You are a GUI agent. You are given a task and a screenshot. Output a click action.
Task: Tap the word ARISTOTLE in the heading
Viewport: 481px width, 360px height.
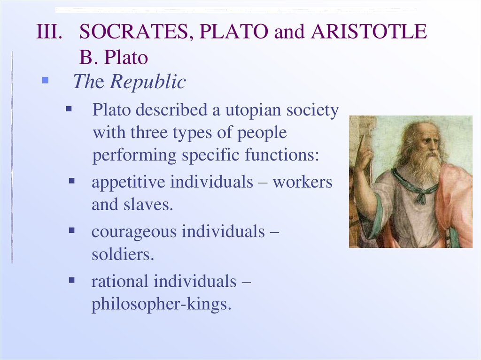click(x=368, y=31)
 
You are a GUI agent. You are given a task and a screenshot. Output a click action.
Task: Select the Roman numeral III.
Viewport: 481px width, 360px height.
click(x=49, y=31)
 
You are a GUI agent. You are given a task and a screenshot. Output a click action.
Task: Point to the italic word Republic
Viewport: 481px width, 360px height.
click(x=148, y=82)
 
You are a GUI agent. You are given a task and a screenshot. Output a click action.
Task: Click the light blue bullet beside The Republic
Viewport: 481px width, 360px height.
click(x=45, y=80)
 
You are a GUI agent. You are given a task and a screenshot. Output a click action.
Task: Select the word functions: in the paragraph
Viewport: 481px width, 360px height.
click(x=282, y=154)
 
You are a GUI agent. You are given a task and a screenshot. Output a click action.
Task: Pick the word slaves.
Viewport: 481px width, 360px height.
click(x=148, y=205)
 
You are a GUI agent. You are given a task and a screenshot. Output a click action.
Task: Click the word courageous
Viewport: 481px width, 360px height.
click(x=134, y=232)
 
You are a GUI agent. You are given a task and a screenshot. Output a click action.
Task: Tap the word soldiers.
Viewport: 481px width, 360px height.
click(x=123, y=254)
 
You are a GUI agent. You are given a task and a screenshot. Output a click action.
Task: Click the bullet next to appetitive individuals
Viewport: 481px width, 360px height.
click(x=72, y=181)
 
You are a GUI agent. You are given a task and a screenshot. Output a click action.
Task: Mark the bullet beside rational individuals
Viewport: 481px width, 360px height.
click(x=72, y=280)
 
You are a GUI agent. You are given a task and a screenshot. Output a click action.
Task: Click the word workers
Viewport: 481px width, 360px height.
click(x=303, y=182)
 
